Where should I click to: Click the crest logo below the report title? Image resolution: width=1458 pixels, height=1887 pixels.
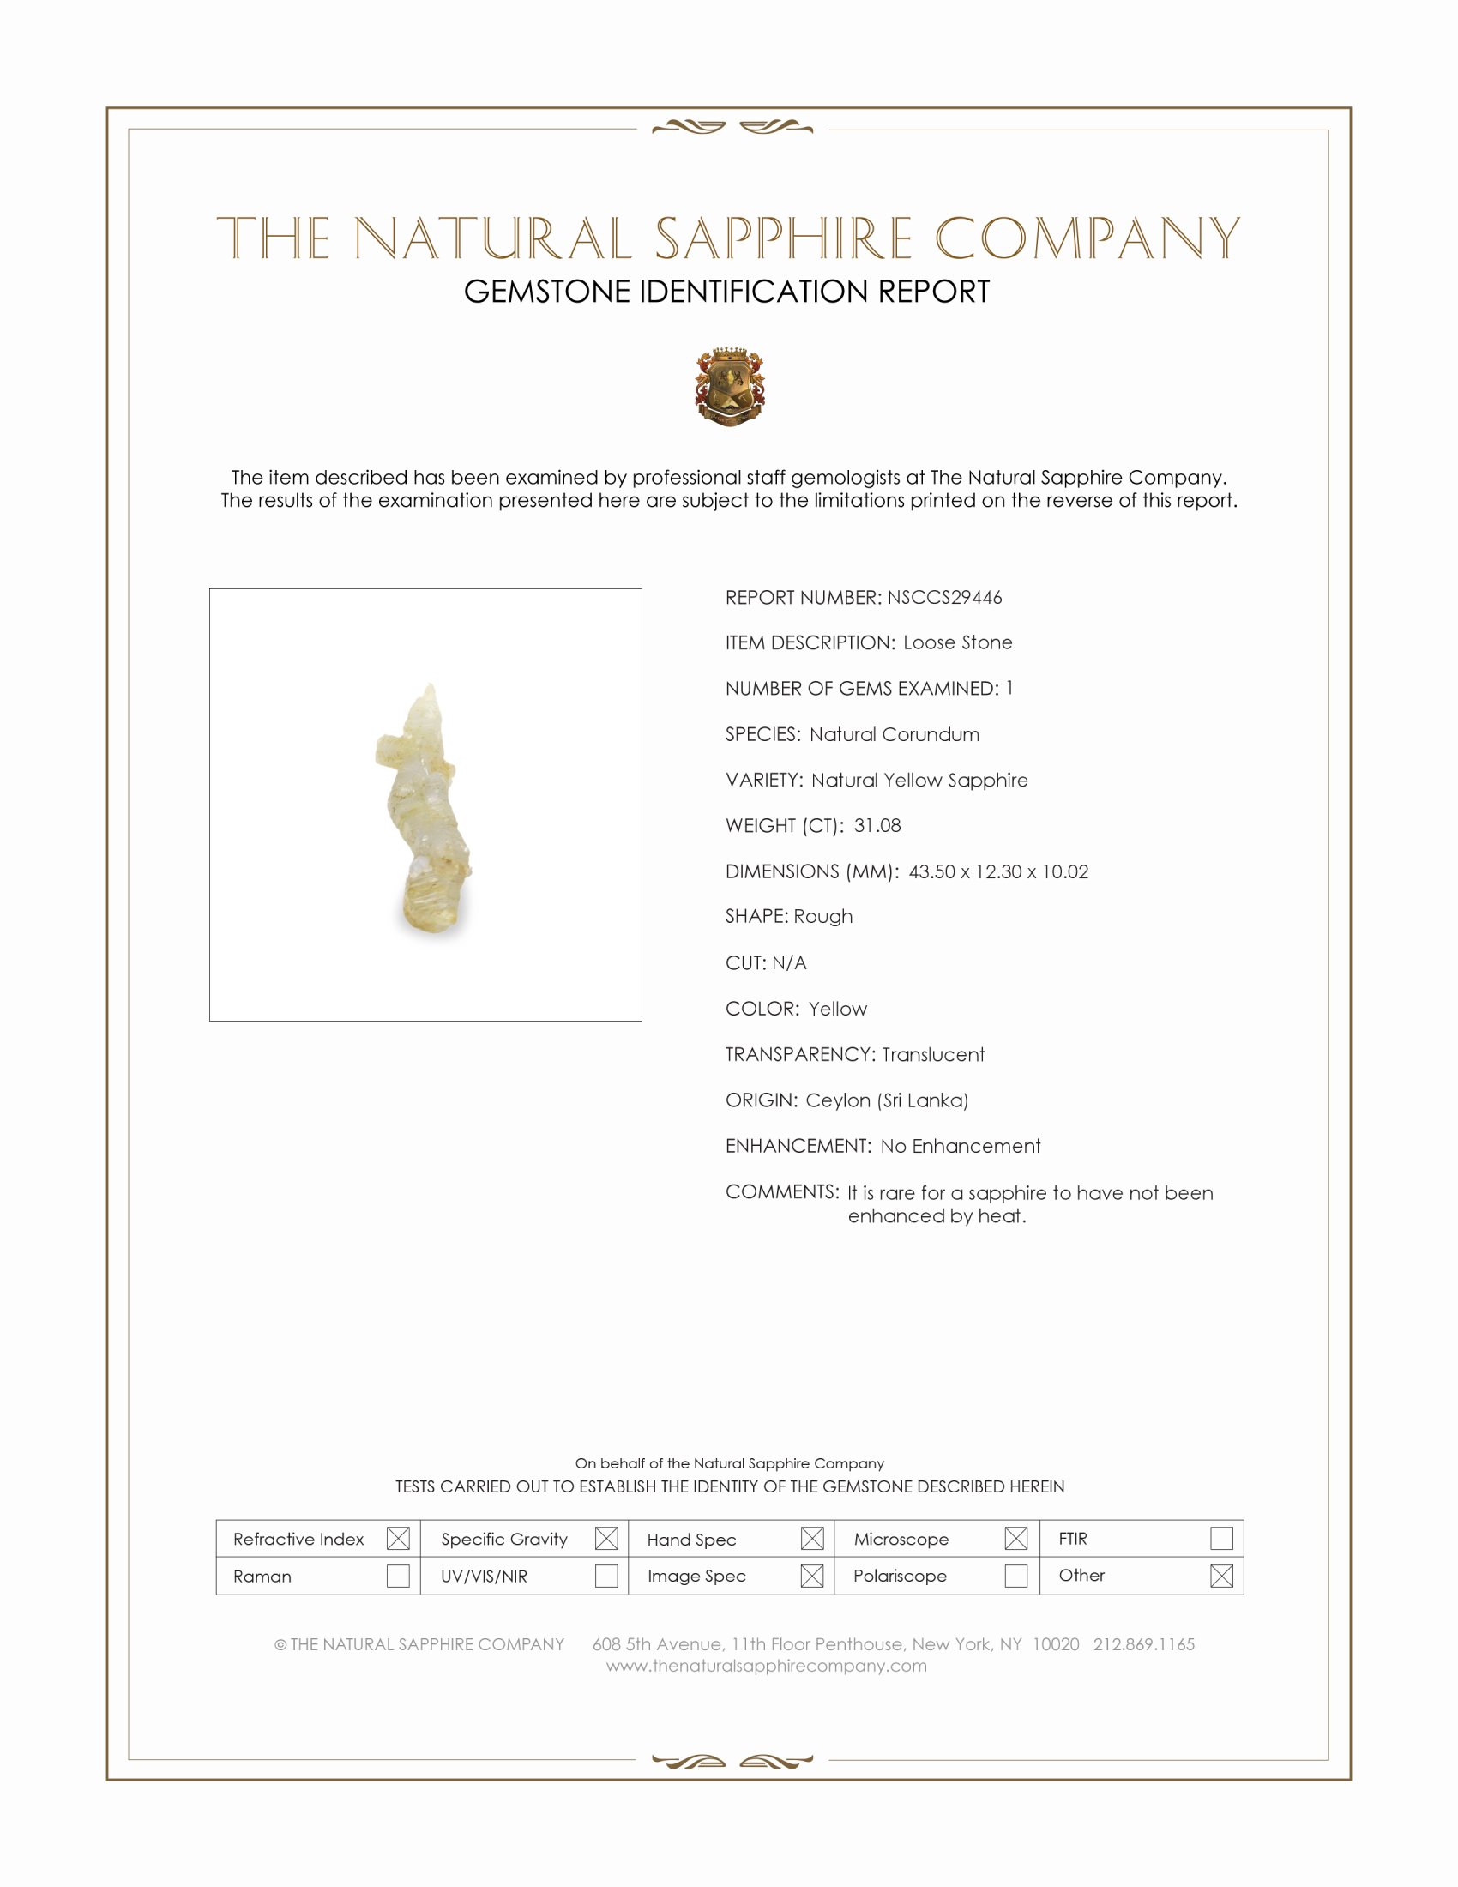coord(730,387)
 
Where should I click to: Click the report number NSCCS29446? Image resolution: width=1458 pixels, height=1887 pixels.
coord(944,597)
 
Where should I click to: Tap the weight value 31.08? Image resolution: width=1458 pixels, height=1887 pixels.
coord(877,825)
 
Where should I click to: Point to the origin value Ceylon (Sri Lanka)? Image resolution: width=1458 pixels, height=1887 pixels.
coord(886,1100)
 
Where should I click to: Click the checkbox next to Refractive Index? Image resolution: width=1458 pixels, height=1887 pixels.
coord(398,1538)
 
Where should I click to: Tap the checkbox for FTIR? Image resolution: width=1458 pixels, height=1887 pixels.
coord(1221,1538)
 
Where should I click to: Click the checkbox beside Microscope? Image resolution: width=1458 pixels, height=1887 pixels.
coord(1016,1538)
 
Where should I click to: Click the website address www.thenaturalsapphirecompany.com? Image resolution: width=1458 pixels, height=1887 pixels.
coord(766,1666)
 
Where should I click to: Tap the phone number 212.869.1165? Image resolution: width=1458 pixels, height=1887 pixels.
coord(1143,1644)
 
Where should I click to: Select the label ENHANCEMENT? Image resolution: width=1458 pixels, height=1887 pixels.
coord(798,1146)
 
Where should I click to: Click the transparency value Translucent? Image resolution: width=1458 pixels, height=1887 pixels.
coord(933,1054)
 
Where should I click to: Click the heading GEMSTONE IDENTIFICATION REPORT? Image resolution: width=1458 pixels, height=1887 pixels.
coord(726,292)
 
